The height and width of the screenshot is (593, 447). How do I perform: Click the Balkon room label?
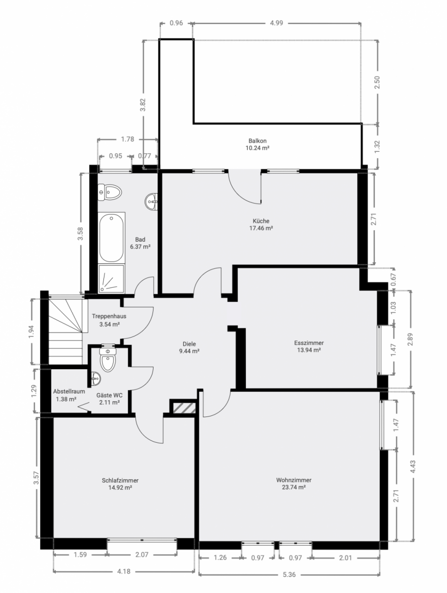[258, 141]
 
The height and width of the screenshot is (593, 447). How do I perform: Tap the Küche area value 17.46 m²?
[261, 228]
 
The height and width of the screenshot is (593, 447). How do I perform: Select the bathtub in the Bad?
[111, 237]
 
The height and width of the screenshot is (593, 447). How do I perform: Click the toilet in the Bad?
[109, 192]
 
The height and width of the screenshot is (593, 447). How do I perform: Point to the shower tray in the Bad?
[111, 279]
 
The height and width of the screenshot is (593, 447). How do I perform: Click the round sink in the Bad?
[152, 201]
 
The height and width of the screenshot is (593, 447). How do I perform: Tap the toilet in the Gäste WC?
[108, 359]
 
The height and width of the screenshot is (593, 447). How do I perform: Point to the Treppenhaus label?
[109, 316]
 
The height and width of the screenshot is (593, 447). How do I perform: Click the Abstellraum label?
[69, 392]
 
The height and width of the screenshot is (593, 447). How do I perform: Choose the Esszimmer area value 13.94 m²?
[309, 350]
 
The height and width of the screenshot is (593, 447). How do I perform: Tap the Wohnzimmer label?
[294, 480]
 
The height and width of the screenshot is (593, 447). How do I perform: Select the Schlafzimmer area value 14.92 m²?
[120, 487]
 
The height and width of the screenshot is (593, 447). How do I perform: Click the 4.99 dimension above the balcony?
[276, 23]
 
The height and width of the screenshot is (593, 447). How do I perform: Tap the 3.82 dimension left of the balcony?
[143, 105]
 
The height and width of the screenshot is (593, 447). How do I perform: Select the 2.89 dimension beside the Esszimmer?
[410, 340]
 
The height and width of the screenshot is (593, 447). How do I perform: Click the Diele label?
[189, 344]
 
